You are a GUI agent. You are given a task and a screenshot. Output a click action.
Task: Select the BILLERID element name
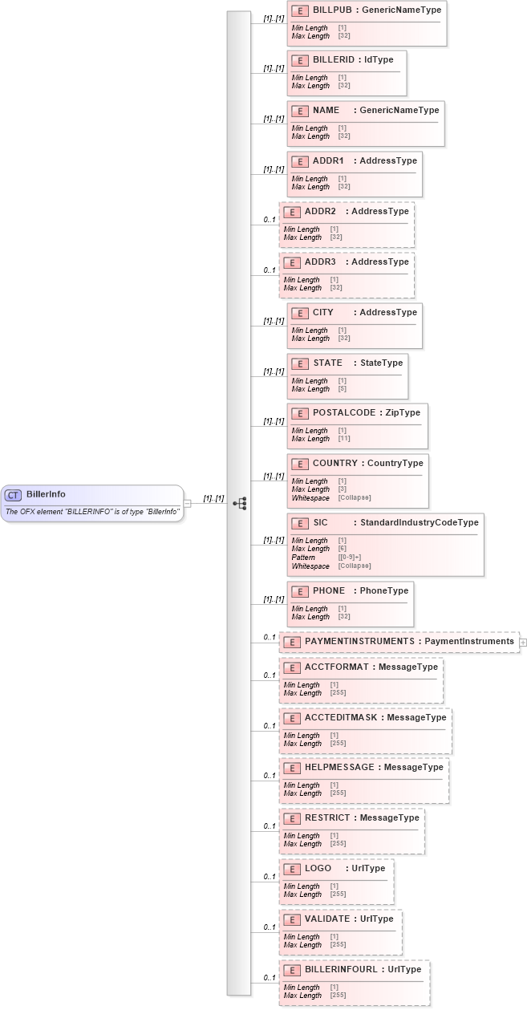[x=334, y=60]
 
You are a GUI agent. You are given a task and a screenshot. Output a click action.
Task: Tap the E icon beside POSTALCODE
[x=299, y=413]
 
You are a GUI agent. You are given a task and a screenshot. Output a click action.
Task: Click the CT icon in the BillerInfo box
[x=14, y=495]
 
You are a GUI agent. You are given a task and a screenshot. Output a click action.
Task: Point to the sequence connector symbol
[x=239, y=503]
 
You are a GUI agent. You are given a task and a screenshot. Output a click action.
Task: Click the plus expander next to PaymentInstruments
[x=523, y=642]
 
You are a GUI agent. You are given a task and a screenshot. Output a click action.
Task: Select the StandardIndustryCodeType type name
[x=419, y=522]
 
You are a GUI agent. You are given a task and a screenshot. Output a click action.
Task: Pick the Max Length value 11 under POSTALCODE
[x=343, y=439]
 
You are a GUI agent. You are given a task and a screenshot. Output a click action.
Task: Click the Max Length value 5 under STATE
[x=342, y=389]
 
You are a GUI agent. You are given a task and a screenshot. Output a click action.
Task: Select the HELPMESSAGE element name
[x=339, y=767]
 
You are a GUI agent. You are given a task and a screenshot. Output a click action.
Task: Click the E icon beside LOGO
[x=291, y=869]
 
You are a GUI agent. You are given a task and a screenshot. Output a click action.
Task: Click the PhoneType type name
[x=383, y=590]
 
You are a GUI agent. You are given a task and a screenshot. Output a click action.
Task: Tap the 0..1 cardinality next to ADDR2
[x=270, y=220]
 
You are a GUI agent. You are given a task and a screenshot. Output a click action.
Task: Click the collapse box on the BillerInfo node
[x=187, y=503]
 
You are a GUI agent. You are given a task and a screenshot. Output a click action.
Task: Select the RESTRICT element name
[x=327, y=817]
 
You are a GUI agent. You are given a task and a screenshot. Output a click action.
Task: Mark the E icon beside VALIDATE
[x=291, y=919]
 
